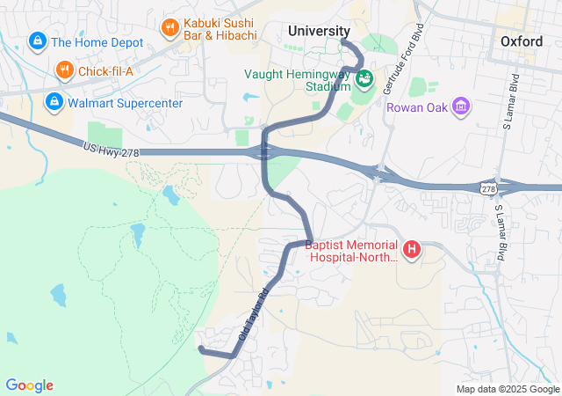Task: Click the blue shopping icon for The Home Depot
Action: tap(38, 41)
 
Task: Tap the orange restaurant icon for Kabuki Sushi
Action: tap(169, 29)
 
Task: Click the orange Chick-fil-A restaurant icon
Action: tap(64, 70)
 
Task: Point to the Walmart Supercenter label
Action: tap(126, 103)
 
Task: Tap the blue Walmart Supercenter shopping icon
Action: tap(54, 103)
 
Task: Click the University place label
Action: tap(320, 32)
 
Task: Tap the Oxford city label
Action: tap(522, 41)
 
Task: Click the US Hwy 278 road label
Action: tap(112, 150)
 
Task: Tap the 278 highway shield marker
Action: tap(488, 188)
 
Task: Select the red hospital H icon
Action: tap(411, 251)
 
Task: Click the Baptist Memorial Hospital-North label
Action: tap(351, 252)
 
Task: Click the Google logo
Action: tap(29, 385)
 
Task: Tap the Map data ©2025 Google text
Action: tap(508, 389)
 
